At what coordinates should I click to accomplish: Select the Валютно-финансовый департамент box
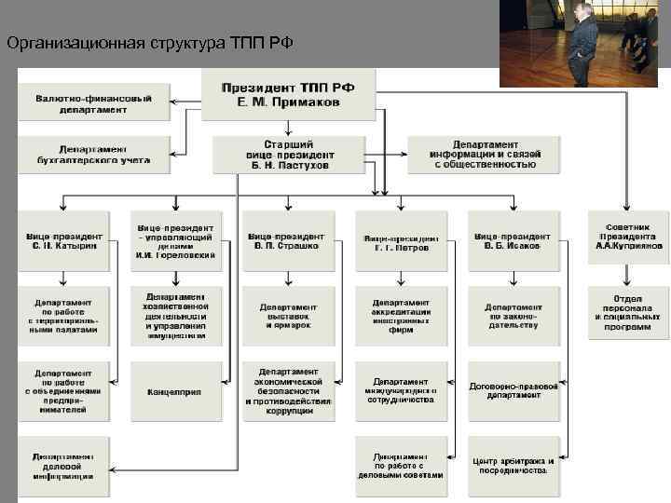click(x=94, y=102)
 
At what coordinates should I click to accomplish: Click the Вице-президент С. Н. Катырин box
click(x=64, y=241)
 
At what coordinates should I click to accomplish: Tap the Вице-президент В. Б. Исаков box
click(x=512, y=241)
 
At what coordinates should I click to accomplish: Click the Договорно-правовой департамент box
click(x=512, y=391)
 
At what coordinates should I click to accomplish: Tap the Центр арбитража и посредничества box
click(x=512, y=466)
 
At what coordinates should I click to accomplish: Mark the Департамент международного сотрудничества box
click(x=401, y=391)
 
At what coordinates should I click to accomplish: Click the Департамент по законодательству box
click(x=512, y=315)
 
